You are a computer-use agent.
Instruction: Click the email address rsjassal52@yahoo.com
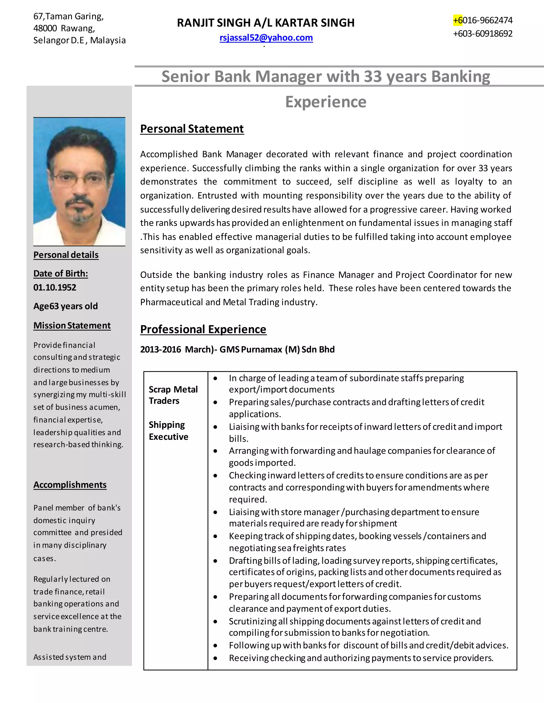tap(266, 38)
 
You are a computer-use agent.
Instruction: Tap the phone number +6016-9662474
tap(482, 20)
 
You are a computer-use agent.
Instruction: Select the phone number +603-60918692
tap(482, 33)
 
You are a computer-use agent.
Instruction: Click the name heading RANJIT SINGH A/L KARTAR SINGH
tap(266, 23)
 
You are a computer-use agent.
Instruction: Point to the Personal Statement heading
tap(192, 129)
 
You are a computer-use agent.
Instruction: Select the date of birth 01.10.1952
tap(55, 288)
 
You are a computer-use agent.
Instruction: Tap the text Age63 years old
tap(65, 306)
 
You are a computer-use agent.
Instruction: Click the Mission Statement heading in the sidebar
tap(72, 326)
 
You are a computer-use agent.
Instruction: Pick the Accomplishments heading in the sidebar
tap(70, 485)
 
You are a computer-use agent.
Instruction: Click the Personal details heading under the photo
tap(66, 255)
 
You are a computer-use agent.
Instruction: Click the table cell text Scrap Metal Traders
tap(173, 395)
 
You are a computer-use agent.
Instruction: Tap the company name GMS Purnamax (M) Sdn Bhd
tap(277, 350)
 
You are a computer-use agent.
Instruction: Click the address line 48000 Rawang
tap(64, 28)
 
